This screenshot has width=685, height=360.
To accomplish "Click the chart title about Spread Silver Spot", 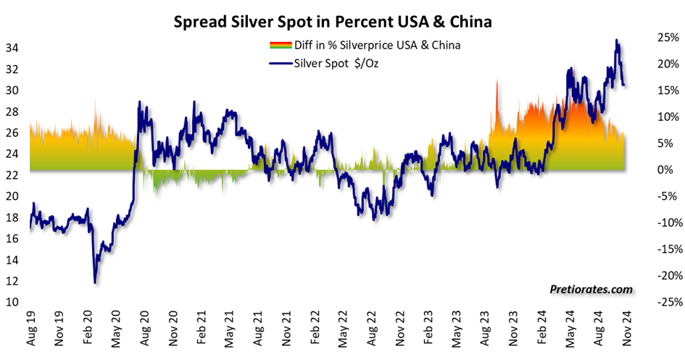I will [333, 22].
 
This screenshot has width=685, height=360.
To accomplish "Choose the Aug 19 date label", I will [30, 330].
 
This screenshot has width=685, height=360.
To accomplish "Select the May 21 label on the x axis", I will [230, 330].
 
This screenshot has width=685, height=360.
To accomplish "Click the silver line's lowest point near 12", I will [95, 282].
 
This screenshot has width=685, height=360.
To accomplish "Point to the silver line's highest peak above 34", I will [617, 41].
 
